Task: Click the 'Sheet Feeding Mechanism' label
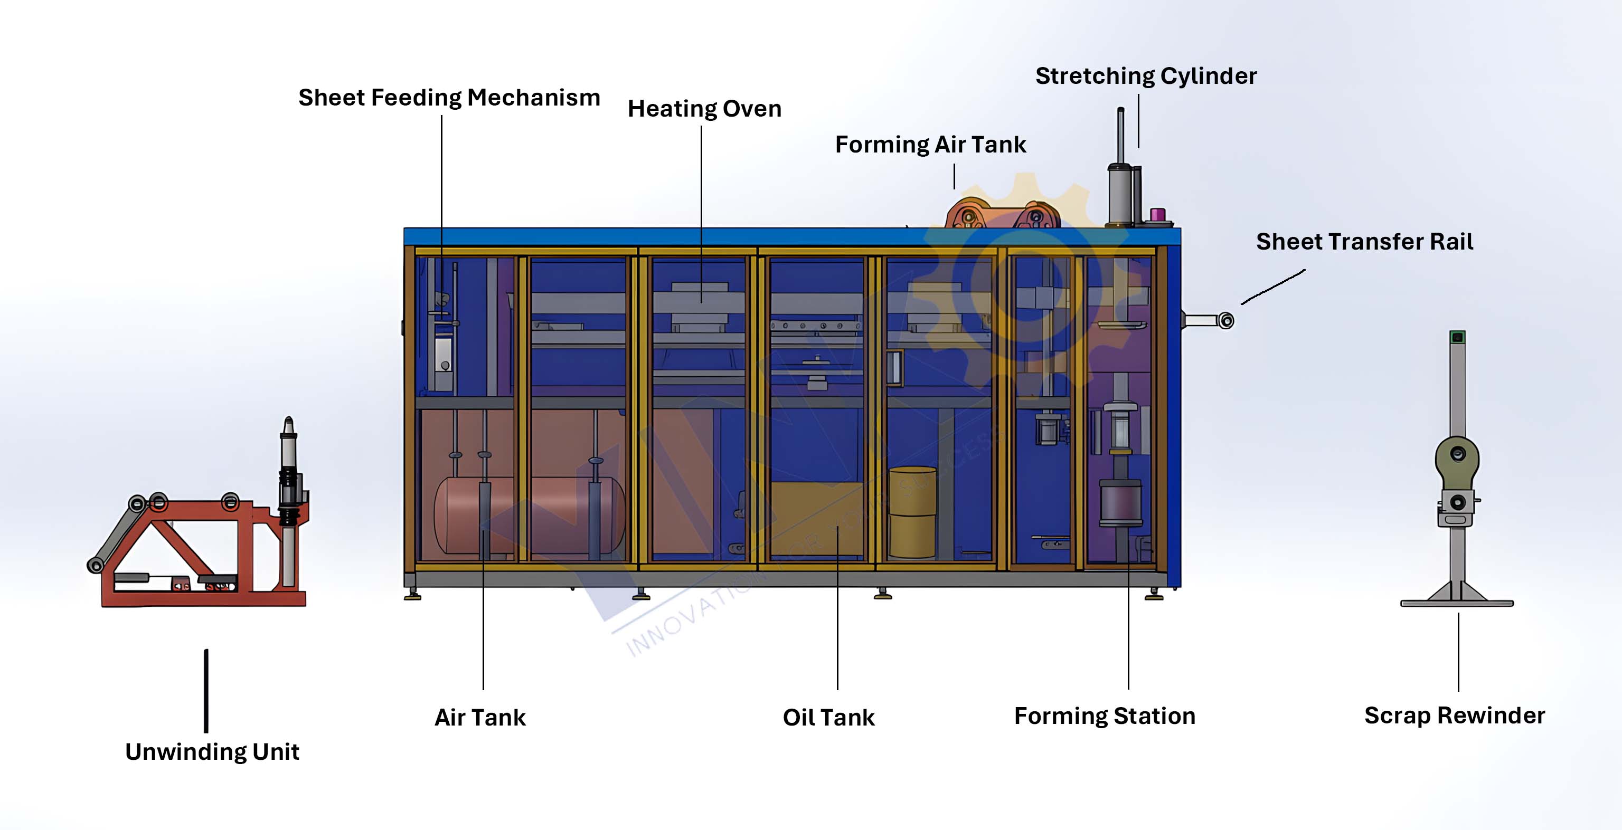[x=449, y=98]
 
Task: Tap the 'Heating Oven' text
[x=704, y=109]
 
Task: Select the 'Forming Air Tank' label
[x=930, y=145]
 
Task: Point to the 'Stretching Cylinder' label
[x=1145, y=76]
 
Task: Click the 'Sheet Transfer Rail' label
[x=1364, y=242]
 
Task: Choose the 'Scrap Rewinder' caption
[x=1454, y=715]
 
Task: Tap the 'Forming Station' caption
[x=1104, y=716]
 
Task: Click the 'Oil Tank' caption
[x=828, y=718]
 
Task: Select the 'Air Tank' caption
[x=480, y=718]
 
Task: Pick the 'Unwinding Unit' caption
[x=212, y=752]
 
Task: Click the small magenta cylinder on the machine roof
[x=1157, y=215]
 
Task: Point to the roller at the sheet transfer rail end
[x=1225, y=321]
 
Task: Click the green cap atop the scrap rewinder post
[x=1457, y=337]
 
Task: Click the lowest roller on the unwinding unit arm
[x=96, y=565]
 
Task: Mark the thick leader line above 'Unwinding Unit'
[x=206, y=690]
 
